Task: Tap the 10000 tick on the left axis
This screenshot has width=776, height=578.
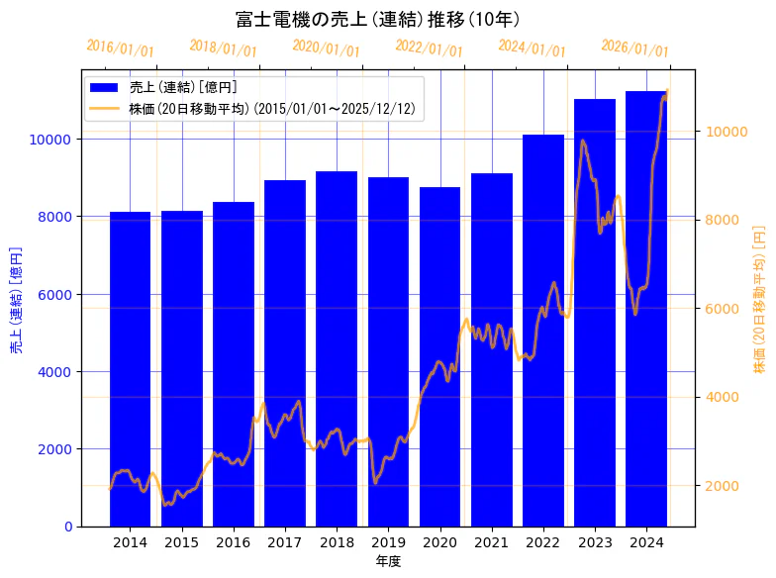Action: pos(48,140)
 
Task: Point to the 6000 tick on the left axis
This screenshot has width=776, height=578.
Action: pos(52,294)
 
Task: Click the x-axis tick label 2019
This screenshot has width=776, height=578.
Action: pos(388,542)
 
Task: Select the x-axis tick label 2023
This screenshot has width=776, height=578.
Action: pos(595,542)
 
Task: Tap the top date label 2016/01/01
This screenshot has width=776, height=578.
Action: pos(121,48)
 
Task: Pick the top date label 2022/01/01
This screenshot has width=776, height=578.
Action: pos(429,48)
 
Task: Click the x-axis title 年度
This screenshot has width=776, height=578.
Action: pos(388,561)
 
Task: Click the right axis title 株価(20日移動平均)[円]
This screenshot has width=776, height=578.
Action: pos(759,298)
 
